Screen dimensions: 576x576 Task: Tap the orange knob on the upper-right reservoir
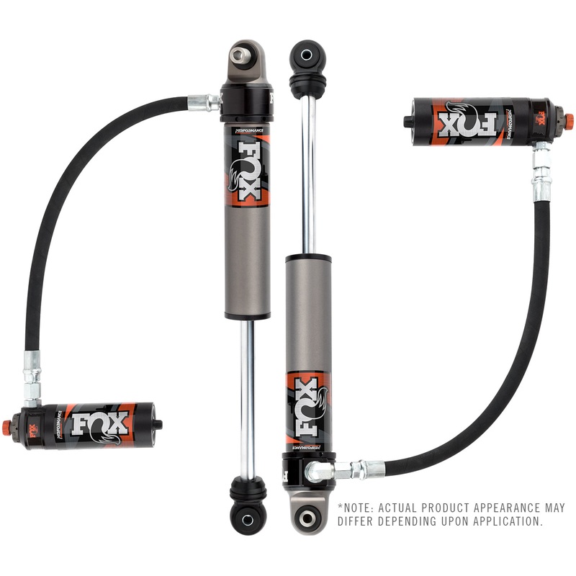[569, 117]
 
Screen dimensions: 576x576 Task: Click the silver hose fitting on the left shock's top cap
[205, 102]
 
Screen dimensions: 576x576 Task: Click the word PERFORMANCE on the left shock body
[246, 131]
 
